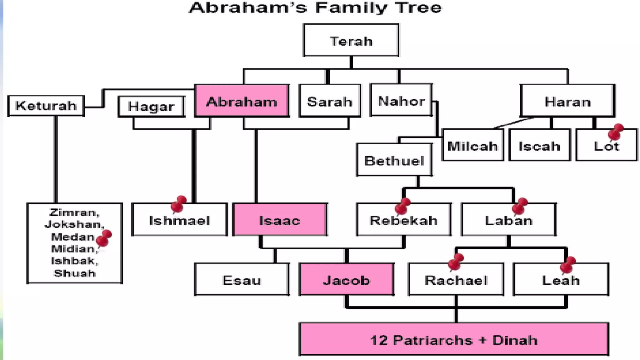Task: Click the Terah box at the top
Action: pos(351,41)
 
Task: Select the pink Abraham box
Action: pos(242,101)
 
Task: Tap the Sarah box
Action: pos(330,101)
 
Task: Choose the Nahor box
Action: pos(401,101)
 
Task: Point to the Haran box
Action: pos(567,101)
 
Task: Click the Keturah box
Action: pos(46,106)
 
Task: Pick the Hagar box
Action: pos(151,107)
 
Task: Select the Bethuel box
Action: pos(394,160)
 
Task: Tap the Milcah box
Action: pos(472,146)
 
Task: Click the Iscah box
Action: pos(539,146)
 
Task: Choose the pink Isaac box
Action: pos(280,220)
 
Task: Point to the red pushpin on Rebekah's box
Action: pos(402,206)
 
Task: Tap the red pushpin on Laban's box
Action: pos(520,206)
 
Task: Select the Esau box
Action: pos(242,280)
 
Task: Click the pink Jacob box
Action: pos(346,280)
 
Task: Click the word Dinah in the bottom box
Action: pos(515,340)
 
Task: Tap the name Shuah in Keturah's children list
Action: pos(75,273)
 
